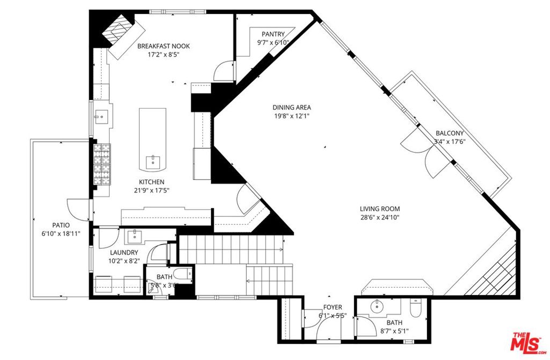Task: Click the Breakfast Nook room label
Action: pos(163,46)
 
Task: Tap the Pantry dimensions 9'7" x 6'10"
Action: pos(273,42)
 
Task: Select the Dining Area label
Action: pos(292,107)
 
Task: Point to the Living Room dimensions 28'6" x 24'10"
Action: pos(380,217)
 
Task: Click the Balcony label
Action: pos(450,133)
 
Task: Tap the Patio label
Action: pos(61,225)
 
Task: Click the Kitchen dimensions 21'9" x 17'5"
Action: pos(151,191)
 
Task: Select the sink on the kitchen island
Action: pos(153,162)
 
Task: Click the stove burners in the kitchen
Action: pos(102,164)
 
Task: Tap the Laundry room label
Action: pos(124,253)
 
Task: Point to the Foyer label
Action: pos(332,307)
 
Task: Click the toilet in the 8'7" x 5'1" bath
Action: pos(416,308)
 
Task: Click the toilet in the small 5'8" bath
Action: pos(183,273)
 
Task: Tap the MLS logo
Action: pos(528,343)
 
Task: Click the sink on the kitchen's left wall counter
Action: pos(101,115)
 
